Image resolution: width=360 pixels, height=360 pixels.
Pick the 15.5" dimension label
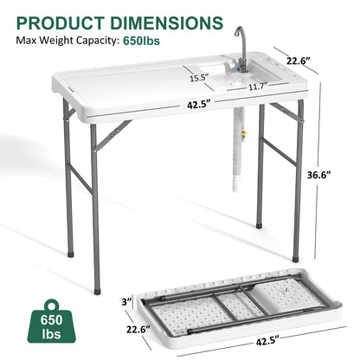(198, 78)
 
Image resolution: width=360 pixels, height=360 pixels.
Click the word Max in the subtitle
(27, 40)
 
